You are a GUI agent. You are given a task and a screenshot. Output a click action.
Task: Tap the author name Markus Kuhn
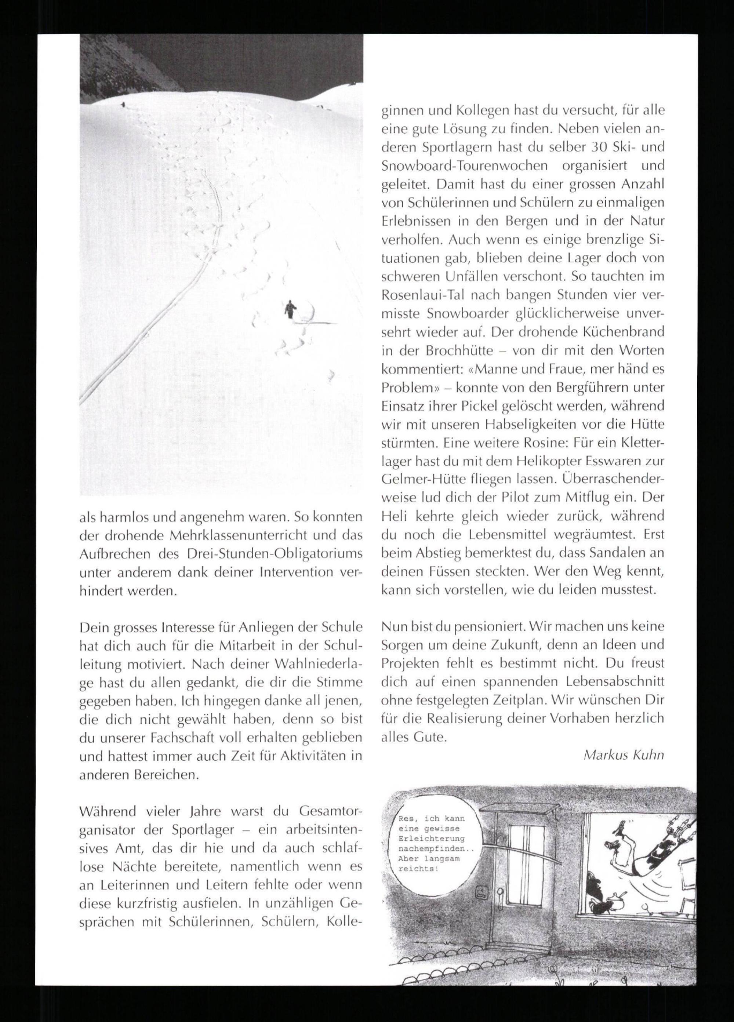click(624, 755)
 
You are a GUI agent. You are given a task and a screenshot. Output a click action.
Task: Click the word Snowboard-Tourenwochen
click(464, 166)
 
